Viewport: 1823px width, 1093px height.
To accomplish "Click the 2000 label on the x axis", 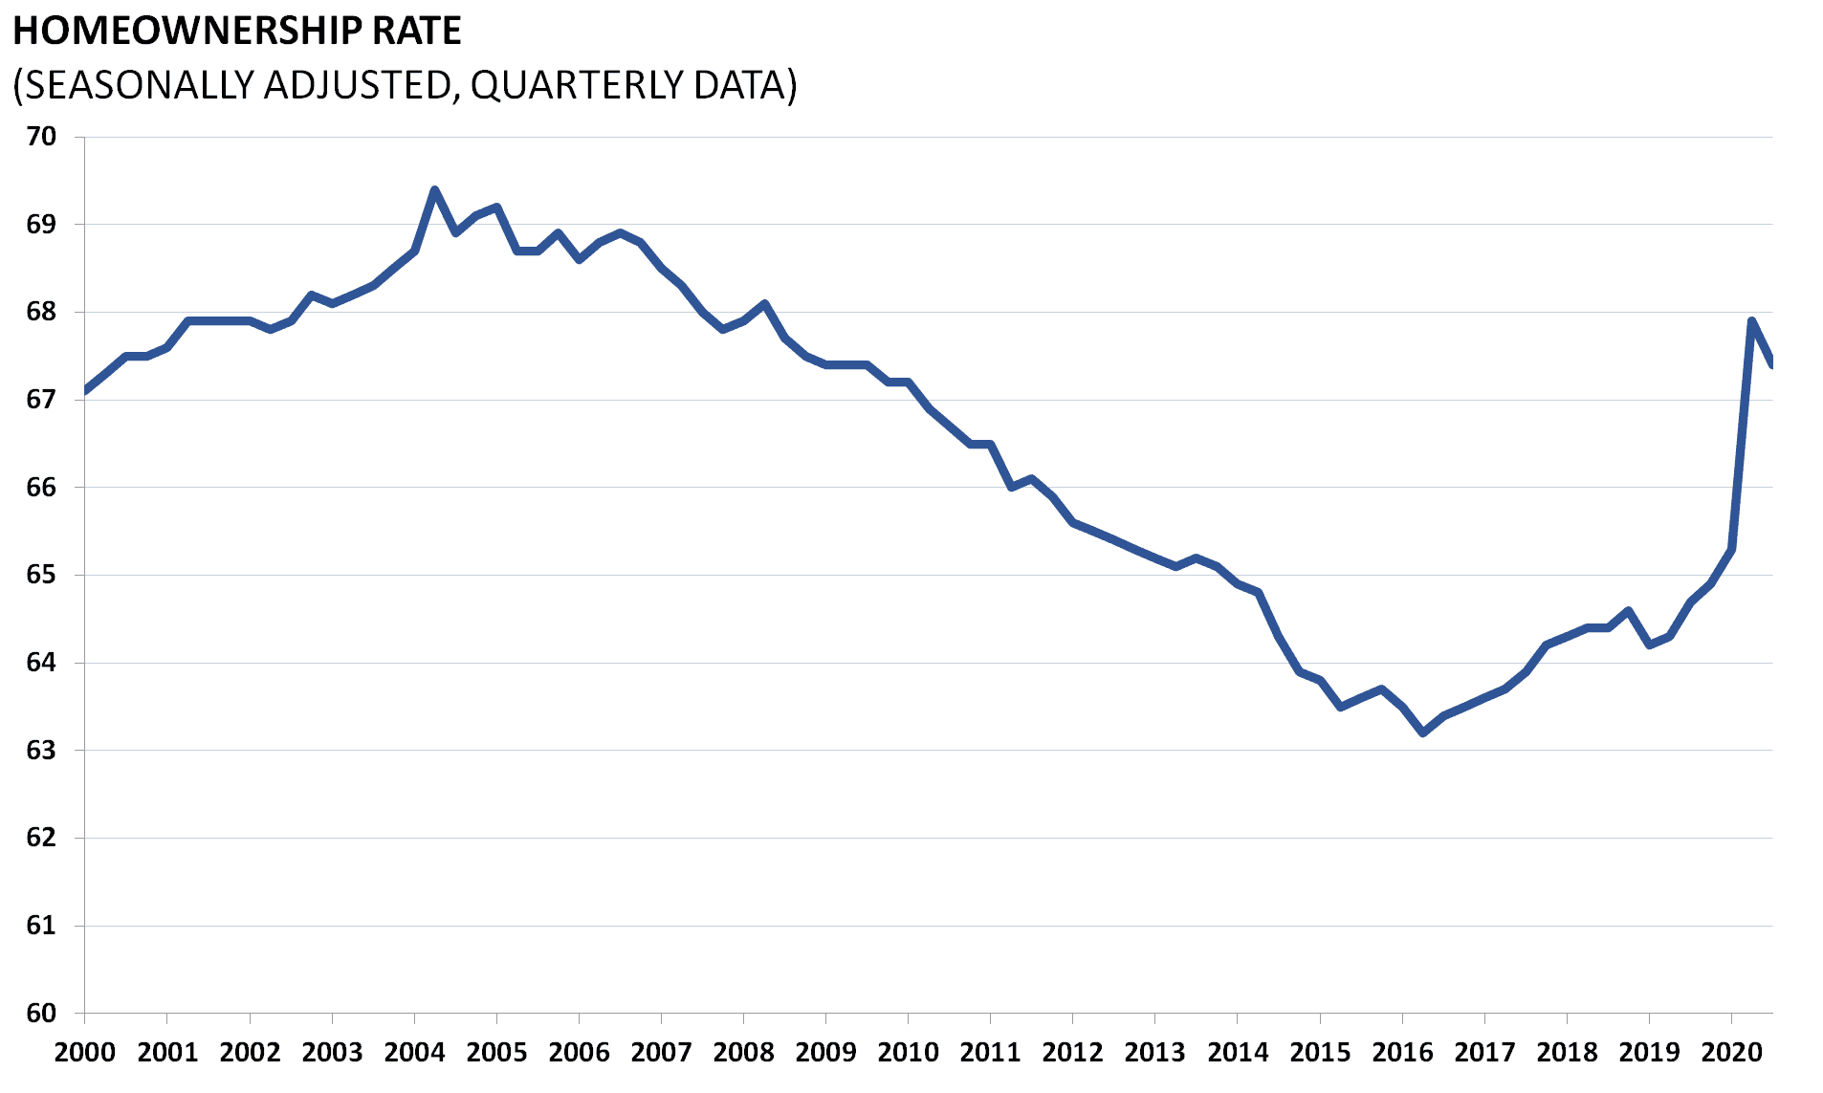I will click(x=85, y=1053).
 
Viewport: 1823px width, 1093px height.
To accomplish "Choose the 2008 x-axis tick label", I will click(x=743, y=1053).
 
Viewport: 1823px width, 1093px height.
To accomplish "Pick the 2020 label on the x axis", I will click(x=1731, y=1053).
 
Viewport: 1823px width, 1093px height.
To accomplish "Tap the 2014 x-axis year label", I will click(x=1238, y=1053).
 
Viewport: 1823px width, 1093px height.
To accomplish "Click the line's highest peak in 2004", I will click(x=435, y=189).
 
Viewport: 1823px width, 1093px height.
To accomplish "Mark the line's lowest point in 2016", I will click(x=1423, y=733).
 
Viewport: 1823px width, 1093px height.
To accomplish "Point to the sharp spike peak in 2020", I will click(x=1751, y=320).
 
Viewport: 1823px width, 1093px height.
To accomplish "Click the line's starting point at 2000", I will click(x=86, y=390).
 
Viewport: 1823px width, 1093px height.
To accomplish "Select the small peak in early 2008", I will click(x=764, y=303).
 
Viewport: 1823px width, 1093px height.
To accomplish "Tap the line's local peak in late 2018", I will click(x=1628, y=610).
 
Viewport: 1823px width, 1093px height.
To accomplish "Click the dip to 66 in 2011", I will click(x=1011, y=488).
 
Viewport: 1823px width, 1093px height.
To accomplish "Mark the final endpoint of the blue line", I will click(x=1771, y=363).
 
